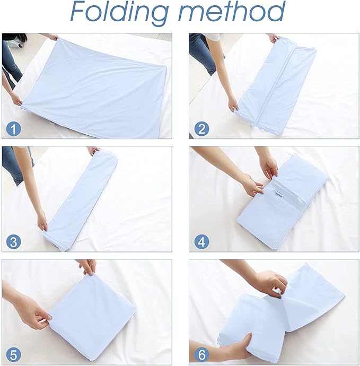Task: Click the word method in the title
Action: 232,11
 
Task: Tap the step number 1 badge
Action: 14,129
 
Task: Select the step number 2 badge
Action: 201,129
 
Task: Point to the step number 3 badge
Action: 14,242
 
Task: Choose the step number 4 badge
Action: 201,242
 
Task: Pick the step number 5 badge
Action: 14,355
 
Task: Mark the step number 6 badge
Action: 201,355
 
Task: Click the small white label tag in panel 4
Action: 279,197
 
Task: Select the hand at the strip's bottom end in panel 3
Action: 42,222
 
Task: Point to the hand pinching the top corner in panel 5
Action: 87,267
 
